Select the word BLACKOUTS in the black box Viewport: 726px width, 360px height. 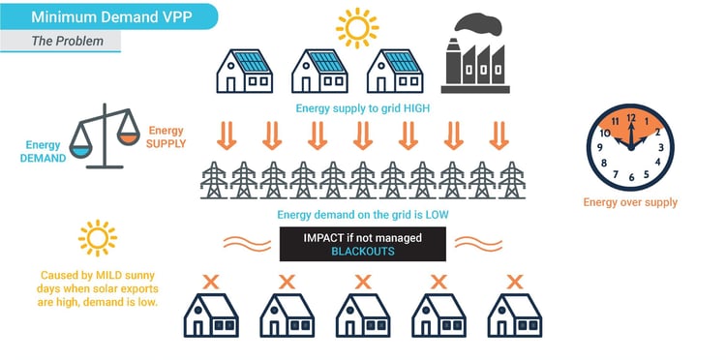(362, 250)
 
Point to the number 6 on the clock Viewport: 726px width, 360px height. (631, 177)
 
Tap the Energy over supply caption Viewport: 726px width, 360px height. (630, 202)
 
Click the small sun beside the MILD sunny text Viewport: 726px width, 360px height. (96, 238)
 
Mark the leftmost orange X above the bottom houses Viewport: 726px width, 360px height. (211, 282)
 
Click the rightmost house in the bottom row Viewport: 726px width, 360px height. (514, 315)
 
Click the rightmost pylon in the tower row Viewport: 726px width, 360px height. (511, 181)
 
